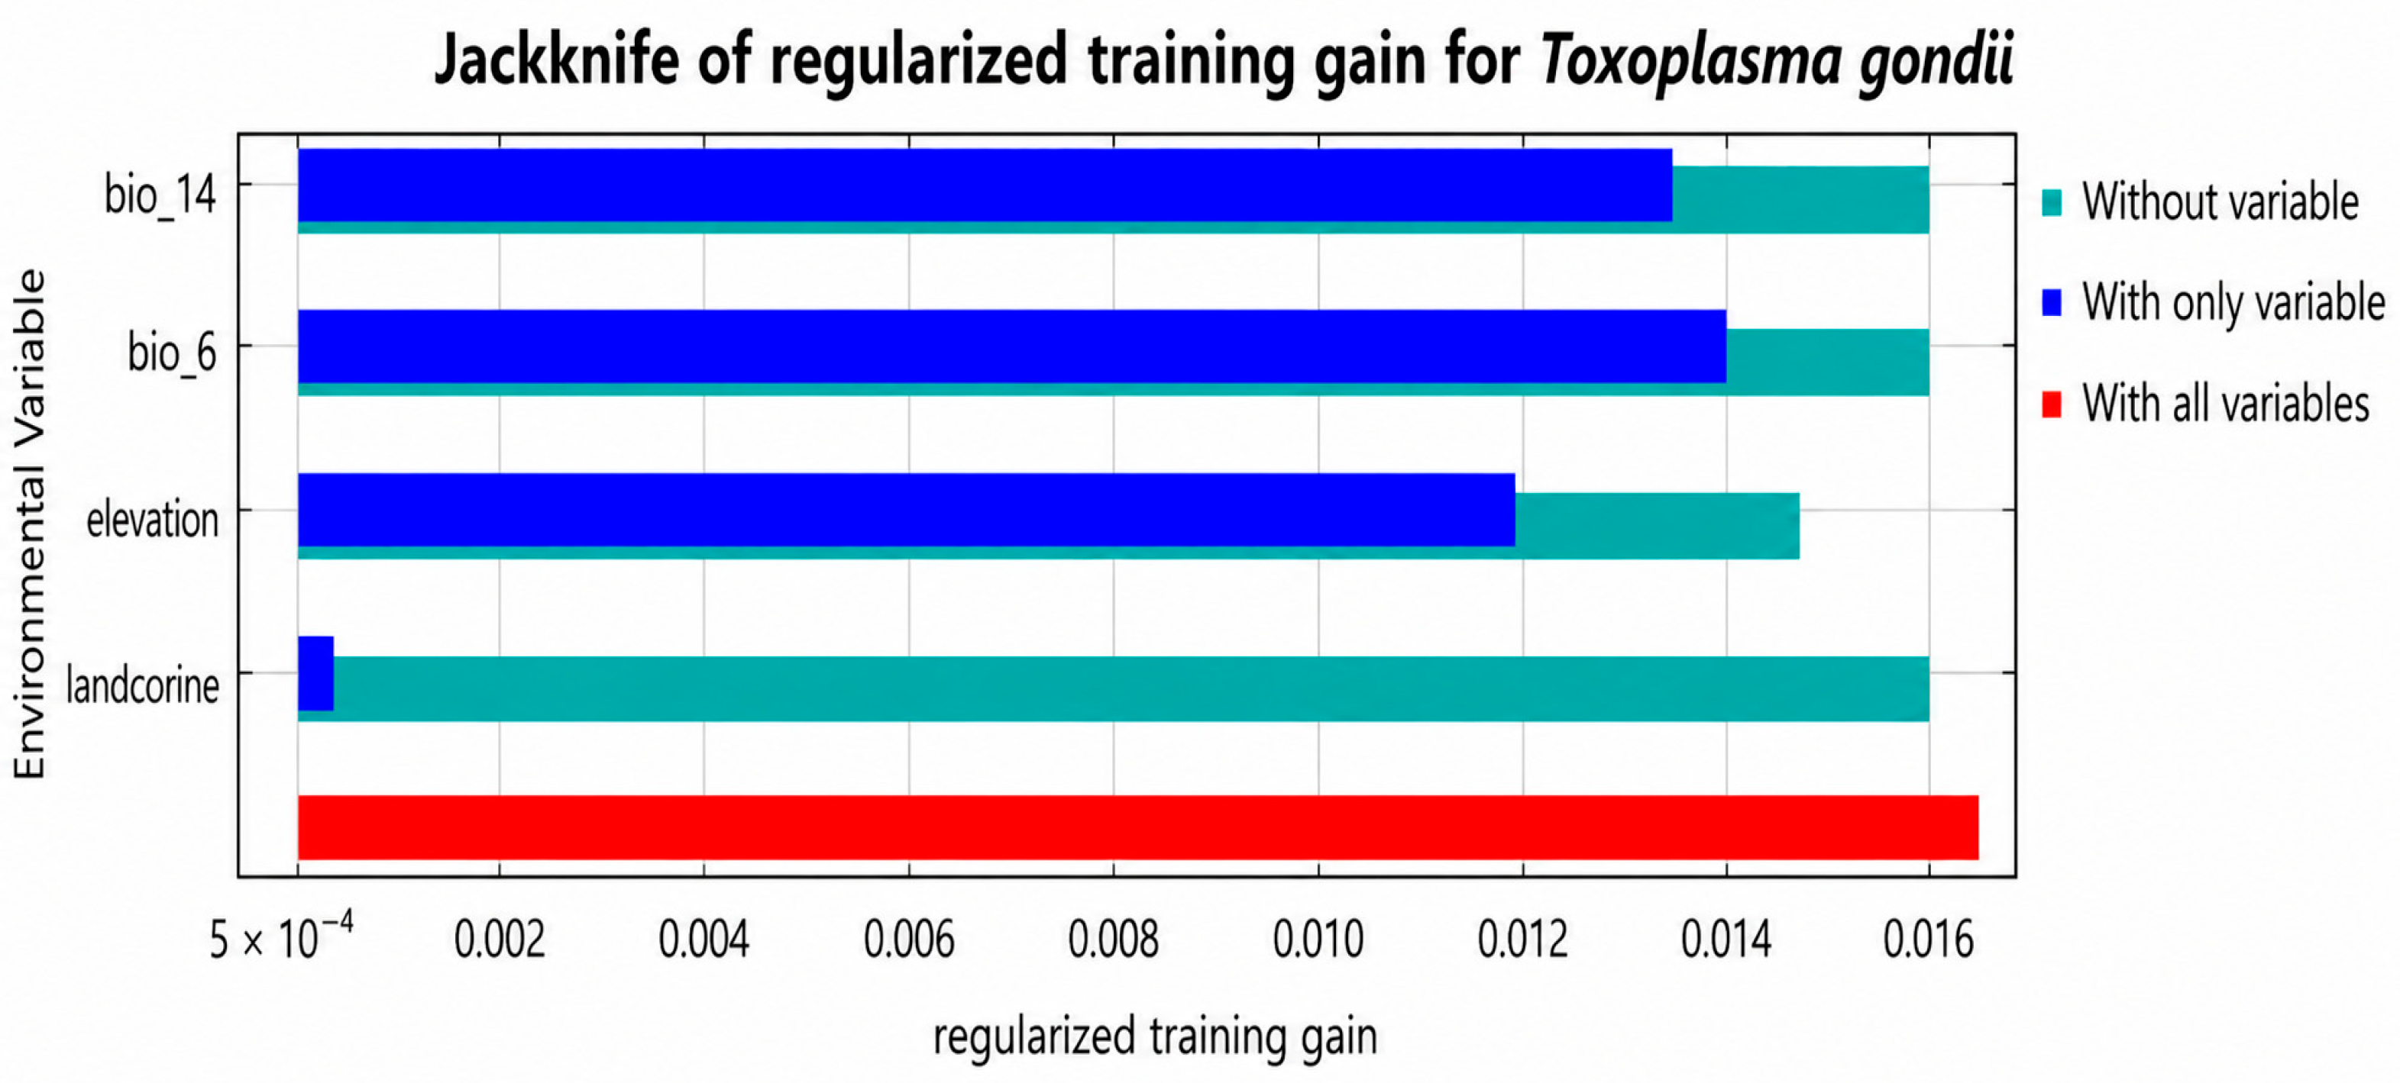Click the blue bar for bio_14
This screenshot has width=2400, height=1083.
click(985, 185)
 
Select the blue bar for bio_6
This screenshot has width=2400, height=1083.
click(1012, 346)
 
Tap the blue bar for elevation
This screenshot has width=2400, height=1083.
click(907, 509)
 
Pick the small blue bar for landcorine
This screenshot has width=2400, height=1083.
click(315, 673)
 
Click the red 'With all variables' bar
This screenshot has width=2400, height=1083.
click(1138, 827)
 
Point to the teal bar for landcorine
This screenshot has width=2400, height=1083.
click(1131, 689)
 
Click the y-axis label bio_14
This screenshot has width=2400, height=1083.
click(160, 196)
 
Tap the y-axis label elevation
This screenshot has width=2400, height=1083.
click(152, 520)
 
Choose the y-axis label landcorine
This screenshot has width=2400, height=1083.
click(143, 686)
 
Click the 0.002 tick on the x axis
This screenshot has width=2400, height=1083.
click(500, 940)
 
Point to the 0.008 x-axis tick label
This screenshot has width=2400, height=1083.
click(1114, 940)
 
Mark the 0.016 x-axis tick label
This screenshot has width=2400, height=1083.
click(1929, 940)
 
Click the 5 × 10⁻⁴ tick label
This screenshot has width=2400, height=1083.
click(281, 936)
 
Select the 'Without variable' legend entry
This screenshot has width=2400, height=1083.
click(2200, 202)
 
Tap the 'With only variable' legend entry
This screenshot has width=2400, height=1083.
click(2213, 303)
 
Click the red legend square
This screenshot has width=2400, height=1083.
click(2051, 405)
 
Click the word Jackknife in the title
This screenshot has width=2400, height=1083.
click(557, 60)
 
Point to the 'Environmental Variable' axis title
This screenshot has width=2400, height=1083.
click(29, 524)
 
